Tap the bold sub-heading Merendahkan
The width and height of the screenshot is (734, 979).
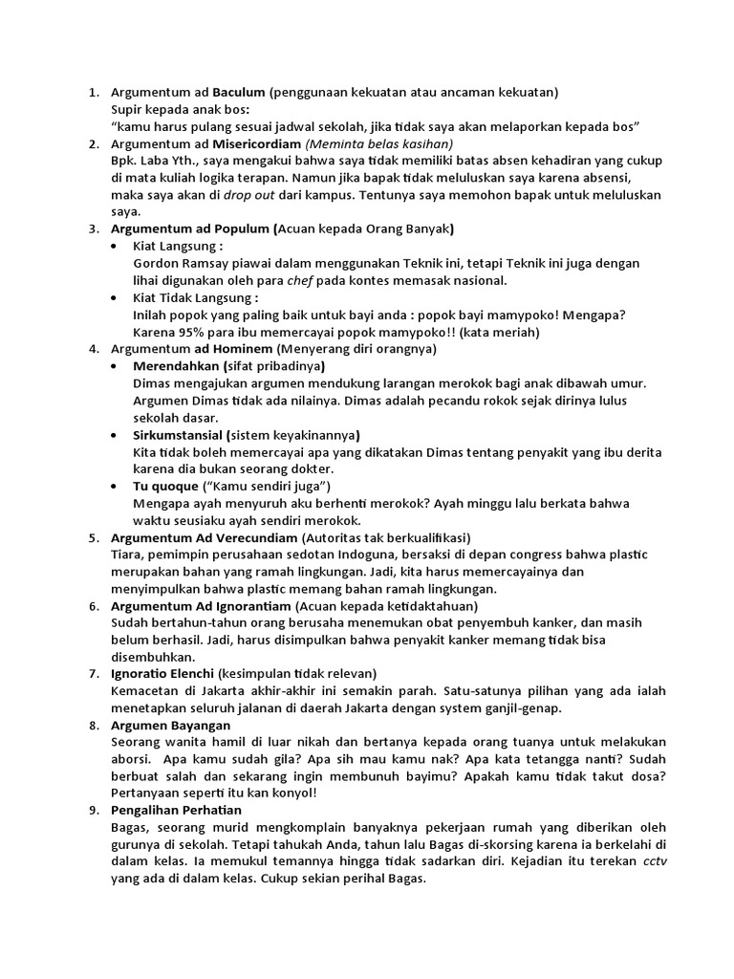(177, 367)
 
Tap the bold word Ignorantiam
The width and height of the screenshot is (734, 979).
(246, 606)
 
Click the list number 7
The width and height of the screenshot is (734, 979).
(93, 674)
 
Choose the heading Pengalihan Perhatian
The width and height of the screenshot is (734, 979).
(177, 811)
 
